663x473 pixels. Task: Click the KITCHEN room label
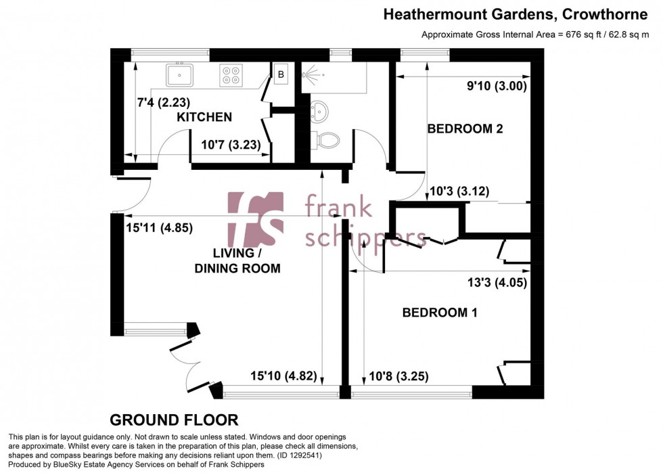(204, 118)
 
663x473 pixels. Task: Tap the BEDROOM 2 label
(465, 129)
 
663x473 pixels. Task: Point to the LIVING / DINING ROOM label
(237, 261)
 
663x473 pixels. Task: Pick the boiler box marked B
(280, 74)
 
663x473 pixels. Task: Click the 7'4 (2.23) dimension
(163, 103)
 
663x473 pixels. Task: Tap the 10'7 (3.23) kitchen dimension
(227, 144)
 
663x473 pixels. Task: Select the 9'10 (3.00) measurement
(497, 86)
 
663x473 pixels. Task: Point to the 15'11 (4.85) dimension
(160, 228)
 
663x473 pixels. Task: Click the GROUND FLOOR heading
(174, 420)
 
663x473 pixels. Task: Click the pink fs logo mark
(255, 219)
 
